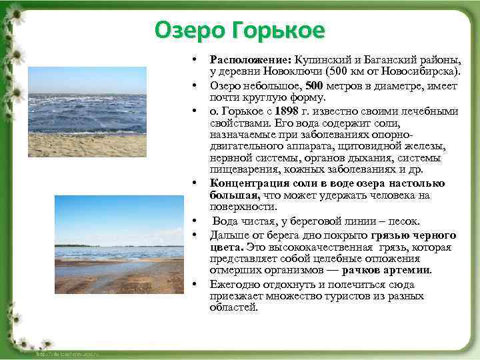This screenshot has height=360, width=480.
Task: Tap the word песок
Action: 404,221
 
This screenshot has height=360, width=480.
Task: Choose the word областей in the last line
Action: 233,307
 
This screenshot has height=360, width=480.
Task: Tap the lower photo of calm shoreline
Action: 119,244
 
